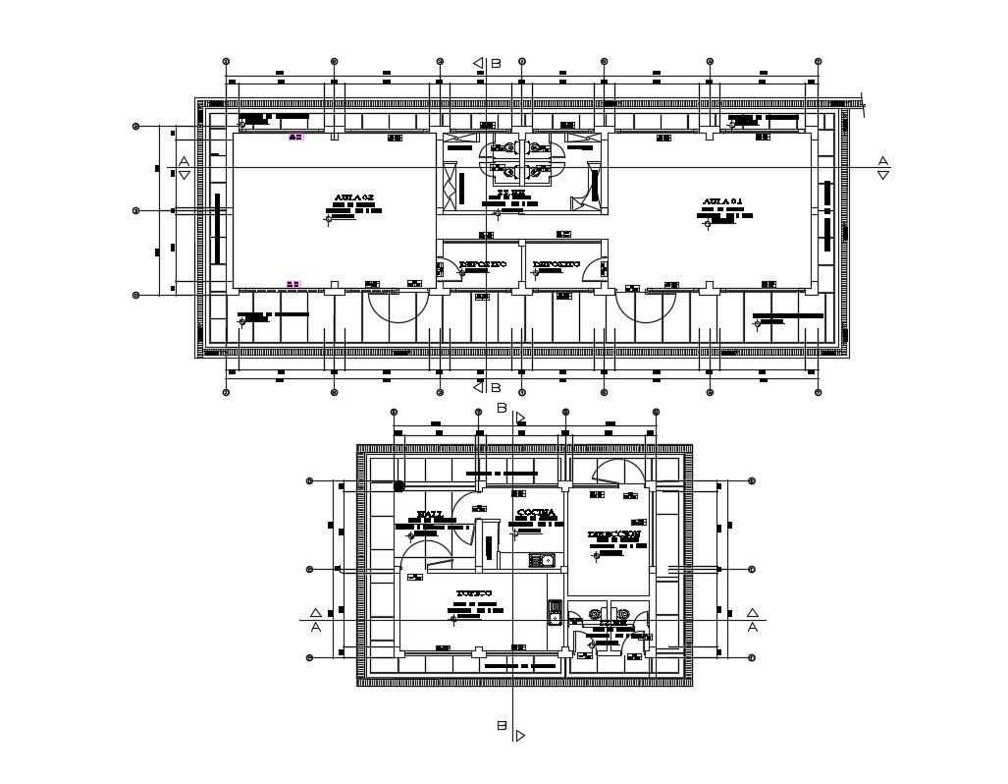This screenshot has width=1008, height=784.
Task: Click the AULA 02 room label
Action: pyautogui.click(x=354, y=197)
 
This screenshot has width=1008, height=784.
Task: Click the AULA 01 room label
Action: pyautogui.click(x=722, y=201)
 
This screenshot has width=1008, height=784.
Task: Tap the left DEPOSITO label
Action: pyautogui.click(x=482, y=264)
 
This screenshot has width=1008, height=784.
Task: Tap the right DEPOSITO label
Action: pyautogui.click(x=556, y=264)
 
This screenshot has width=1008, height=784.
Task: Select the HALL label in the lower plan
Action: pyautogui.click(x=430, y=514)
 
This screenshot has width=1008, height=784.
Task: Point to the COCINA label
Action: pyautogui.click(x=536, y=513)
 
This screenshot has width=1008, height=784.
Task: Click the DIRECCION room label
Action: pyautogui.click(x=614, y=534)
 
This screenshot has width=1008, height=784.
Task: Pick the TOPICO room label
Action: pyautogui.click(x=473, y=593)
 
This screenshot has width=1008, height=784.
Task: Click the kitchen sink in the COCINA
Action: pyautogui.click(x=542, y=561)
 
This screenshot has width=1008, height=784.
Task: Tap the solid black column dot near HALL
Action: pyautogui.click(x=399, y=485)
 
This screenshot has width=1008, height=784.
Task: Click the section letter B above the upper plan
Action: pyautogui.click(x=496, y=63)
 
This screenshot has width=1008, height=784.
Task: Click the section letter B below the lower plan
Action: pyautogui.click(x=501, y=726)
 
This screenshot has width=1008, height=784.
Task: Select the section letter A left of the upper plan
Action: pyautogui.click(x=183, y=160)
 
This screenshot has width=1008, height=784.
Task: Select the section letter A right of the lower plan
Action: pyautogui.click(x=753, y=626)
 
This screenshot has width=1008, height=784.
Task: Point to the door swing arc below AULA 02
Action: pyautogui.click(x=398, y=309)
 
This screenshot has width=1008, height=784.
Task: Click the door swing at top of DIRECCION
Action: pyautogui.click(x=618, y=472)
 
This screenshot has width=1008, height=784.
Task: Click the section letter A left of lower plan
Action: pyautogui.click(x=315, y=626)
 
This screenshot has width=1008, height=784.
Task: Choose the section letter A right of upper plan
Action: pyautogui.click(x=882, y=160)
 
